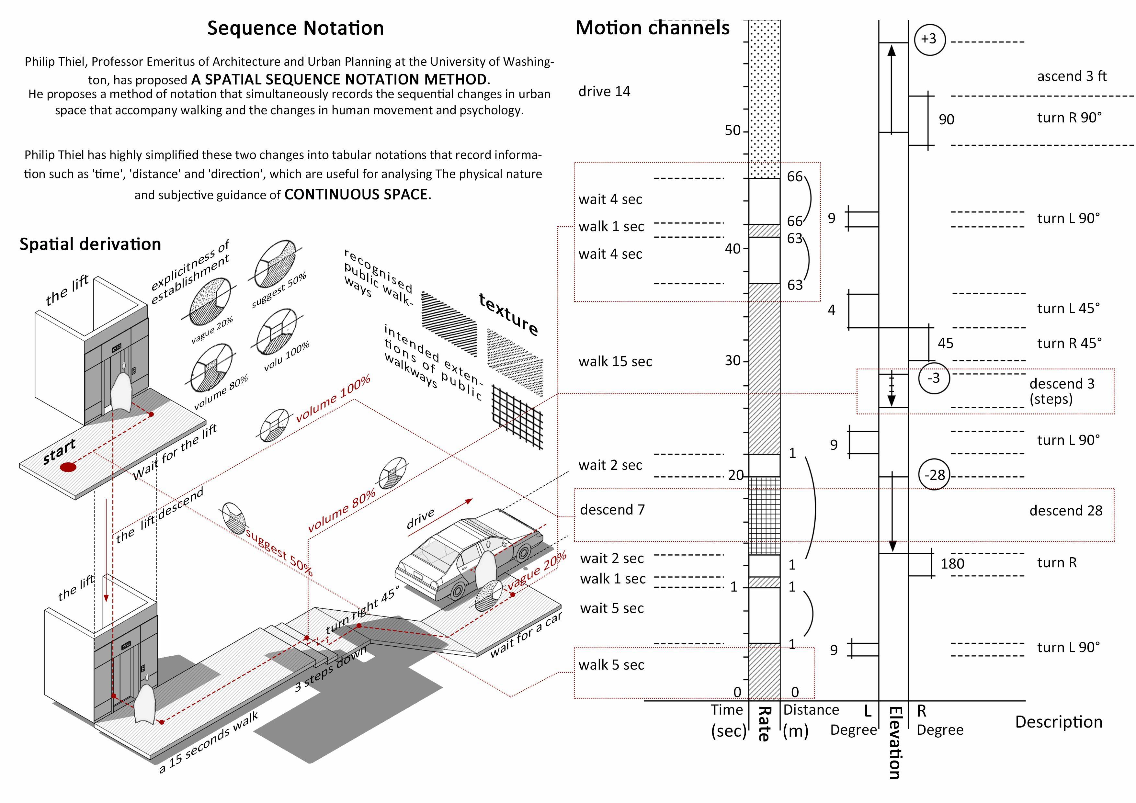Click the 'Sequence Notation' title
[295, 28]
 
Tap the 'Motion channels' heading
[652, 28]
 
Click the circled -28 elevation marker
[935, 475]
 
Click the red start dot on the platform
[68, 467]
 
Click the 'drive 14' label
[604, 92]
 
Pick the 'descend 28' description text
[1066, 511]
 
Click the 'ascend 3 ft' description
[1072, 76]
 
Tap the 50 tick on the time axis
[733, 130]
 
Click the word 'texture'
[508, 315]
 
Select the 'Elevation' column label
[894, 742]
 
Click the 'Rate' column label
[765, 723]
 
